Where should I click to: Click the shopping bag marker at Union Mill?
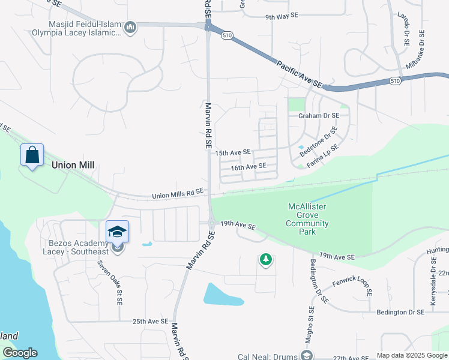(32, 155)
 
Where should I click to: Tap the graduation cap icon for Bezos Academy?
(118, 232)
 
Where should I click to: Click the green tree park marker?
(265, 260)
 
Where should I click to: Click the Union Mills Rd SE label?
(178, 194)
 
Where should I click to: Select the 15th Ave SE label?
(233, 152)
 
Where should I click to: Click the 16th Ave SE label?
(248, 166)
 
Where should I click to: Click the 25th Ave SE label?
(151, 322)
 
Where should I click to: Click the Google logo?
(20, 353)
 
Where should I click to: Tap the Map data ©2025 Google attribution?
(411, 355)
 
